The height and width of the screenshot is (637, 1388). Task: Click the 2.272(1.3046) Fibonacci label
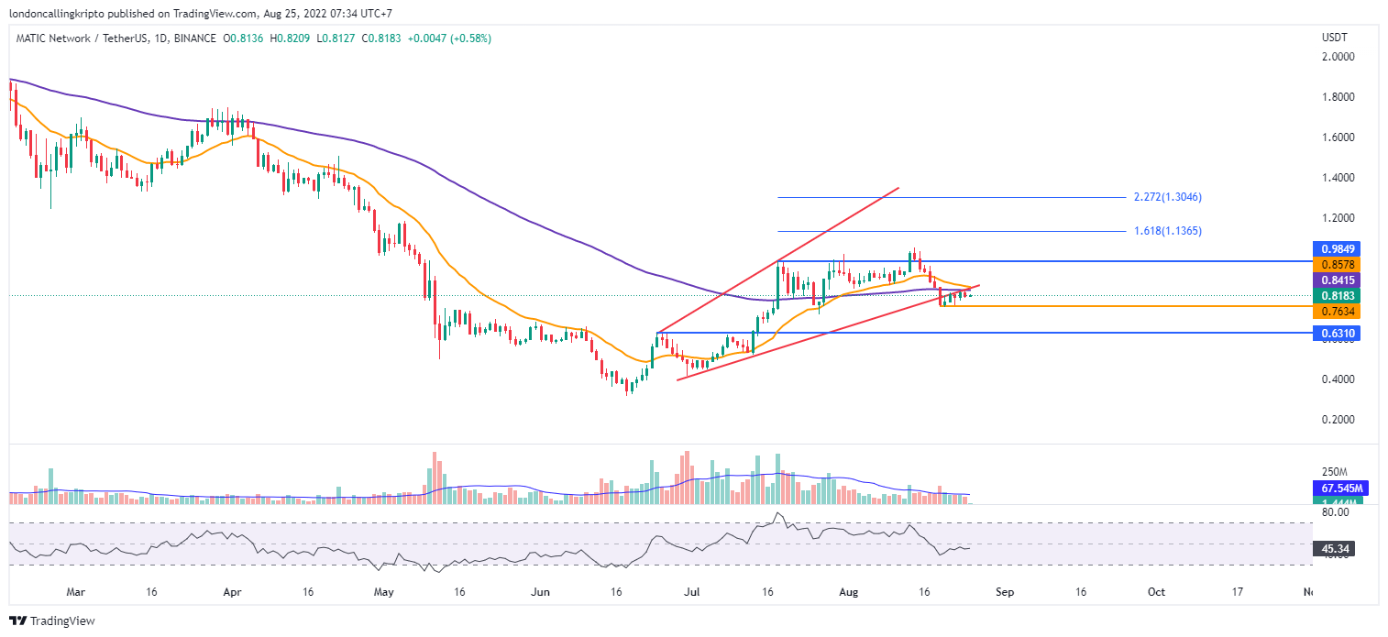1167,197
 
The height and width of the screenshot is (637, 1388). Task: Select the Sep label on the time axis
1005,592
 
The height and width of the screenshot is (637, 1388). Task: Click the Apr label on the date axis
231,592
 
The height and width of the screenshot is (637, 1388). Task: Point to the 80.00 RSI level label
1333,512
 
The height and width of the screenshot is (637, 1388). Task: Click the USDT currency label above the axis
1333,38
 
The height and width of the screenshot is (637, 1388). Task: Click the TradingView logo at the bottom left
53,621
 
